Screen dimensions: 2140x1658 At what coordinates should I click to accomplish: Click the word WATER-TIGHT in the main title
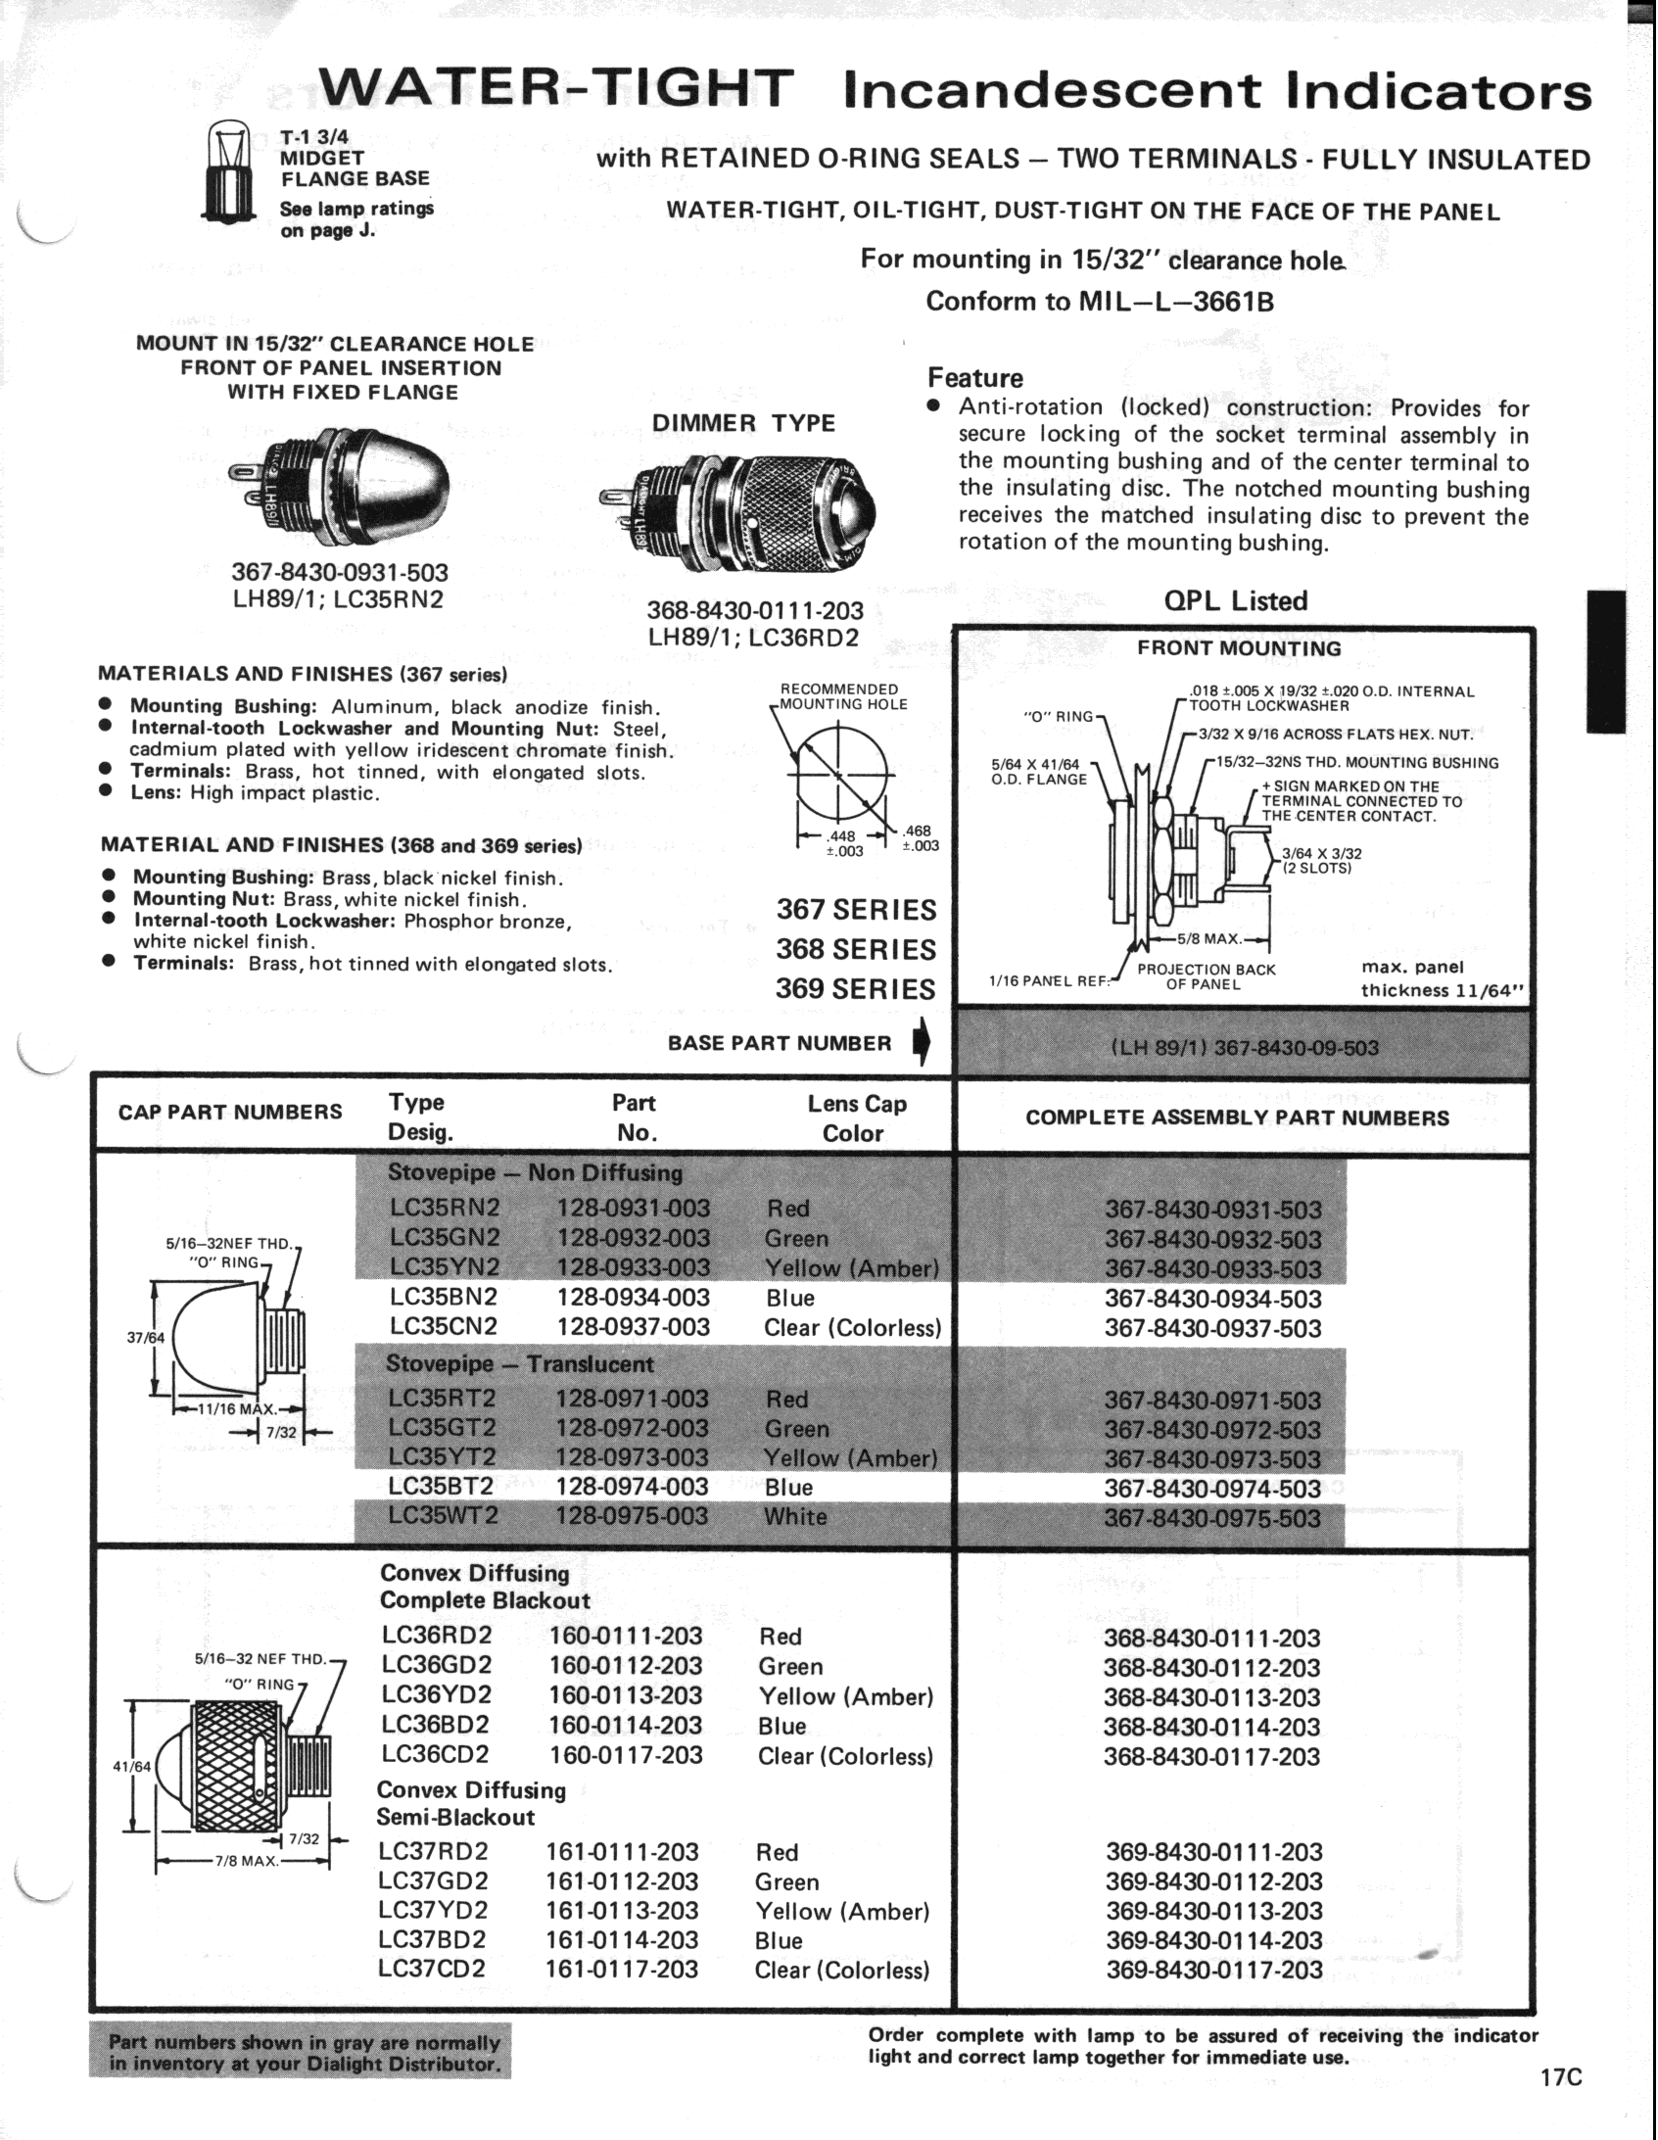[555, 89]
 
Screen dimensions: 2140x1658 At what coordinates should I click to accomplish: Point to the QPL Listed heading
[1235, 600]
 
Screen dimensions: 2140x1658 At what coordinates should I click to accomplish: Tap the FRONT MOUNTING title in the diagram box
[1239, 648]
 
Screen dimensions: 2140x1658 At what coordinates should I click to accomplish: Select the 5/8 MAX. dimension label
[1209, 938]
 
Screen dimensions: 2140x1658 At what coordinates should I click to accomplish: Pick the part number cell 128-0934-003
[632, 1298]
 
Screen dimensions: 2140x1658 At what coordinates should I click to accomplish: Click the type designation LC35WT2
[443, 1516]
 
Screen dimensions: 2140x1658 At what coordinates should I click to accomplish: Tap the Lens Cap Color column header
[856, 1118]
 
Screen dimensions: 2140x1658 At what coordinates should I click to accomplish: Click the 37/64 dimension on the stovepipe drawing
[140, 1337]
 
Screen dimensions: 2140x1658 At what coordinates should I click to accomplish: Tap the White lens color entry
[794, 1517]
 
